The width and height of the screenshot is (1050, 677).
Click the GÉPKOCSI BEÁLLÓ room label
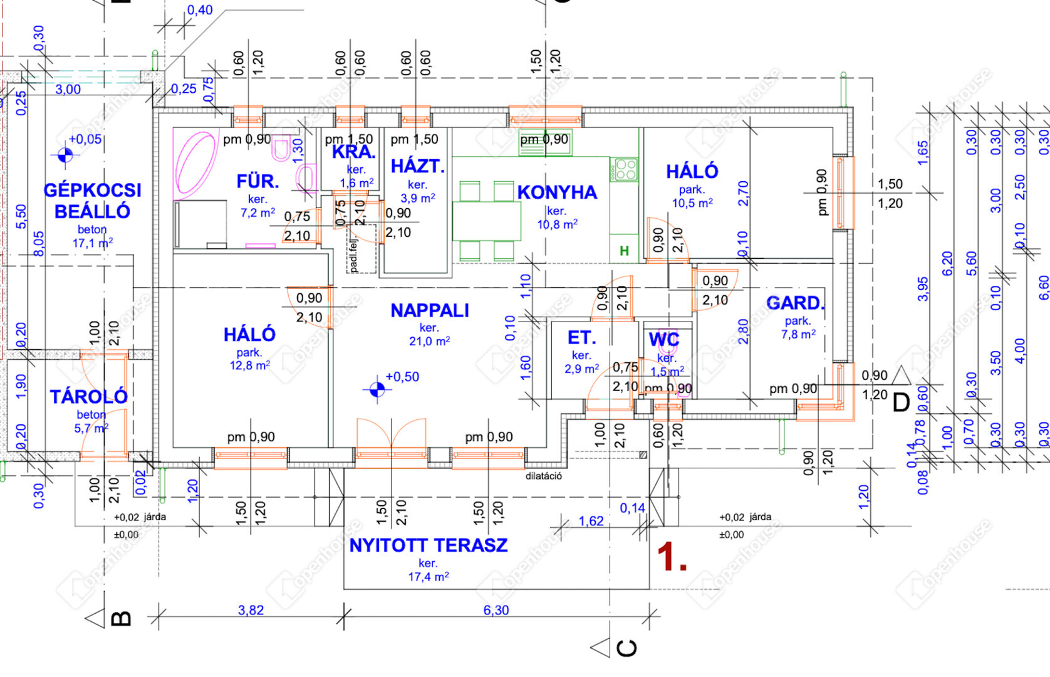[x=92, y=201]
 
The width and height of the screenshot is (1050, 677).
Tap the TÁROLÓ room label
[x=88, y=397]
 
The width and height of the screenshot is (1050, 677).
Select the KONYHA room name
[x=557, y=192]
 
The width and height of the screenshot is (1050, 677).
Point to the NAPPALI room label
[x=429, y=311]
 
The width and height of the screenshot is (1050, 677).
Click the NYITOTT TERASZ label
[x=429, y=545]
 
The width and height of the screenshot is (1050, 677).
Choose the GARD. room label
[x=795, y=303]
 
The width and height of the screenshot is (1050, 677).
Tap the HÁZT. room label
[x=417, y=167]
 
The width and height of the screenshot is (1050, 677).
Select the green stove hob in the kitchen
[x=625, y=169]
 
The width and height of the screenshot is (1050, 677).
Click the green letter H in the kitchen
[x=624, y=251]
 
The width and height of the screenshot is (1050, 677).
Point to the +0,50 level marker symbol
[x=377, y=389]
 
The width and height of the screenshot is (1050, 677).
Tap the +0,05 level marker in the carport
[x=65, y=154]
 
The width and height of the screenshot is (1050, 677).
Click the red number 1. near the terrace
[x=672, y=557]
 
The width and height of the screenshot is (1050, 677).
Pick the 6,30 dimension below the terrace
[x=496, y=610]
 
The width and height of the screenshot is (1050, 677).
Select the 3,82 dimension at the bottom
[x=251, y=610]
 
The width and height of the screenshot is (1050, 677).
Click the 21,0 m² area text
[x=429, y=342]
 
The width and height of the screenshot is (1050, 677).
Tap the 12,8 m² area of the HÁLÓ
[x=249, y=365]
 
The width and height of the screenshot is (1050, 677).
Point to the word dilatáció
[x=543, y=476]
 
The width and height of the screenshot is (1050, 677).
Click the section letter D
[x=900, y=402]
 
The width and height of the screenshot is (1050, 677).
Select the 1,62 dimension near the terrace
[x=591, y=521]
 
